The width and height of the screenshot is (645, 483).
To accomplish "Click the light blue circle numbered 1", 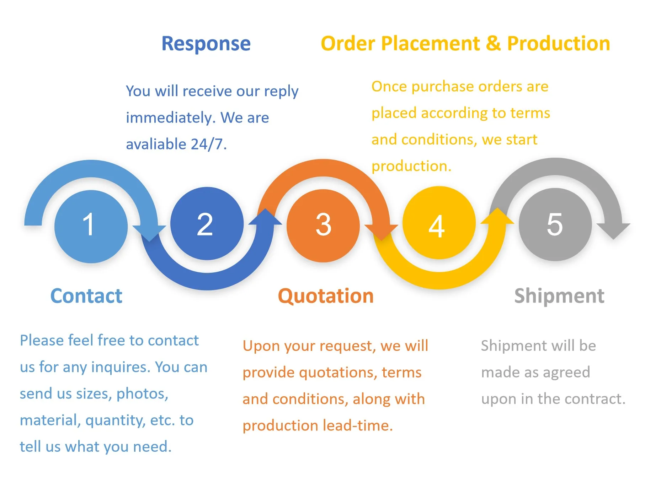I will coord(91,226).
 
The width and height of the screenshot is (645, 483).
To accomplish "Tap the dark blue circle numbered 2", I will coord(207,224).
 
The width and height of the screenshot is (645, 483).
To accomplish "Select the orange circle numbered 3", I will coord(323,226).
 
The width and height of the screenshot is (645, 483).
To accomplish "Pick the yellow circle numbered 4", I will coord(439,223).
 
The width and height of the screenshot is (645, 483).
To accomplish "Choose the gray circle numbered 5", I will coord(555,224).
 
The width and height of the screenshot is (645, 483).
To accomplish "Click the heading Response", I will coord(206,44).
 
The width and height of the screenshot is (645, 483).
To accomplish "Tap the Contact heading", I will coord(86,296).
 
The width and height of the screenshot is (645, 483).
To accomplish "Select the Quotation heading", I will coord(326,296).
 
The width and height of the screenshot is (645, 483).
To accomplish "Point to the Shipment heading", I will coord(559,296).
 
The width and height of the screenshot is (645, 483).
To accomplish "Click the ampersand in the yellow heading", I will coord(493,44).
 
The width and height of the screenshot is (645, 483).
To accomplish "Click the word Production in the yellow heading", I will coord(558,44).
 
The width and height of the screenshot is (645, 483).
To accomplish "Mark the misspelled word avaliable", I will coord(156,144).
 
